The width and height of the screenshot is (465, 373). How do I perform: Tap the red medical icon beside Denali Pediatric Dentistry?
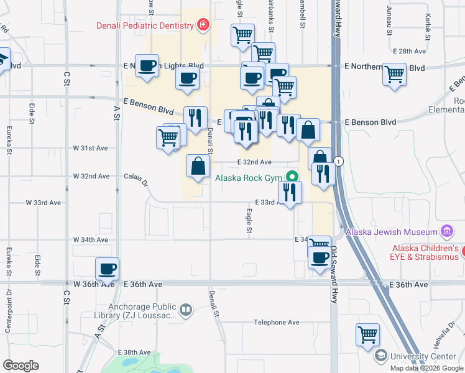click(x=202, y=25)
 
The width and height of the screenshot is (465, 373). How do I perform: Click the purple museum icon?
click(x=446, y=232)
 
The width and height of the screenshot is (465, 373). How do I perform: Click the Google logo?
click(x=21, y=366)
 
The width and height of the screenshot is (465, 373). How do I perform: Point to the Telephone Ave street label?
click(x=277, y=323)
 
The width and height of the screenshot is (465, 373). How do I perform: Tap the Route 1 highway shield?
click(x=338, y=161)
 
